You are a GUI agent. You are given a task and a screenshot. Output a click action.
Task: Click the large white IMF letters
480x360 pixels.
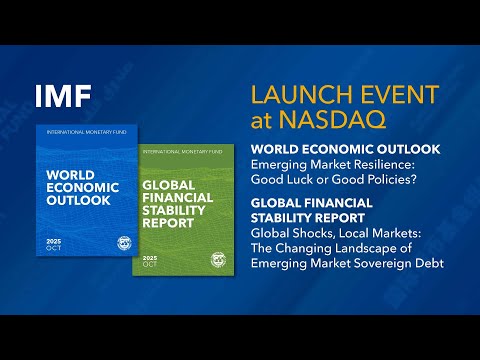click(63, 97)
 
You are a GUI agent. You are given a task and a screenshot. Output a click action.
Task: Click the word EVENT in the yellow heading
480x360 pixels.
click(392, 96)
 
